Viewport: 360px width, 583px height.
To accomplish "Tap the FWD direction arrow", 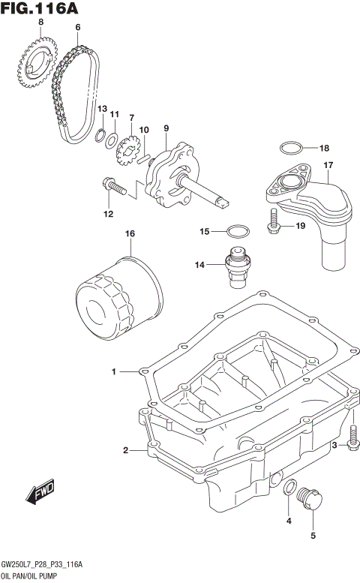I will pyautogui.click(x=37, y=491).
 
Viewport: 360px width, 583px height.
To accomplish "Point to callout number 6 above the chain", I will pyautogui.click(x=76, y=27).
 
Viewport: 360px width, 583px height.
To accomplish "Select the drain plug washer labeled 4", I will pyautogui.click(x=289, y=488).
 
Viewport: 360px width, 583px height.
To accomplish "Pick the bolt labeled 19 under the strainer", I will pyautogui.click(x=274, y=220).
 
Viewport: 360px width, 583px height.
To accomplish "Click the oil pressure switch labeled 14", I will pyautogui.click(x=235, y=265).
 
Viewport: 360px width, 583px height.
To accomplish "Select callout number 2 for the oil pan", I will pyautogui.click(x=126, y=450).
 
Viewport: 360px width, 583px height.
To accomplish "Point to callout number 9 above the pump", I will pyautogui.click(x=166, y=128).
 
